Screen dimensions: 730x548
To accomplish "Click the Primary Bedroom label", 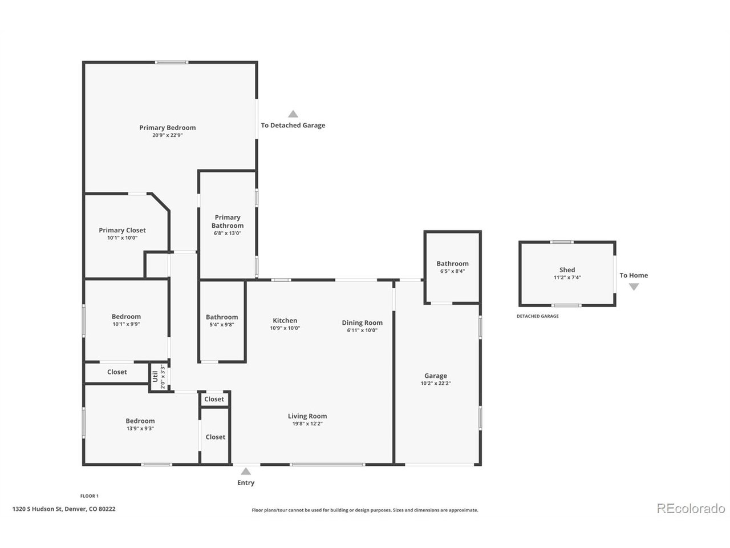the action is [x=167, y=128].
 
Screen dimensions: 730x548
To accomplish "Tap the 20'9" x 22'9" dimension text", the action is [x=167, y=135].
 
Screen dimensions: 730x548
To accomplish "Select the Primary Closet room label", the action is [x=122, y=230].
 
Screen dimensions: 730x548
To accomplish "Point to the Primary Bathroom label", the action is [x=228, y=221].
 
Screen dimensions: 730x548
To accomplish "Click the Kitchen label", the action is [x=285, y=320].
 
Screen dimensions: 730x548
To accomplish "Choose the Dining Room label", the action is [x=362, y=323].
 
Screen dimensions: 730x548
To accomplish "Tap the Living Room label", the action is [x=307, y=416].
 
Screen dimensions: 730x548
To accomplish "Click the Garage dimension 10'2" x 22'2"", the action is [x=436, y=383].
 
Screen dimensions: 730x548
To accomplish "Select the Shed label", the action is [x=567, y=270].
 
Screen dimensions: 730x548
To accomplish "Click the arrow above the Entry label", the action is [x=246, y=471].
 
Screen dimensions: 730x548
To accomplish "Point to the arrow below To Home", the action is [x=634, y=287].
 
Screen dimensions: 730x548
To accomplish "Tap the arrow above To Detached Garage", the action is [x=293, y=114].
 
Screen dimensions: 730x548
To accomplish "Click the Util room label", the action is [x=155, y=377].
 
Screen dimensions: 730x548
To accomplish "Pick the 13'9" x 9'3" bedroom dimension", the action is [x=140, y=429].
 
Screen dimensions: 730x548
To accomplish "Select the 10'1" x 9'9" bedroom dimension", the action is [x=126, y=324].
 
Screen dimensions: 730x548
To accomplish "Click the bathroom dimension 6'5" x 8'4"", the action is [x=452, y=271].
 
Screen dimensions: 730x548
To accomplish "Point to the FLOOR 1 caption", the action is [x=90, y=496].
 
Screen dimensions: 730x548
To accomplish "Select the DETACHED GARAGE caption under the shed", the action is [x=537, y=316].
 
